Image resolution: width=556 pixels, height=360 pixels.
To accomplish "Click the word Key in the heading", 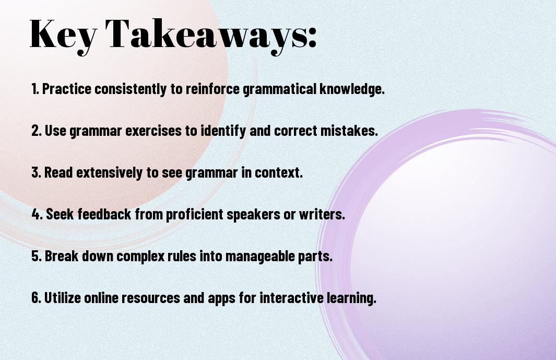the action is pyautogui.click(x=63, y=35).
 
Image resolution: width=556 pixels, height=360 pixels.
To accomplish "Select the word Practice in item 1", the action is pyautogui.click(x=67, y=89).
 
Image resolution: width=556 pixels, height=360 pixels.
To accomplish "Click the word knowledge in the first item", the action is pyautogui.click(x=352, y=89).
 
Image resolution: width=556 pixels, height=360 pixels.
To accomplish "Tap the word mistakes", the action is pyautogui.click(x=349, y=131).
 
